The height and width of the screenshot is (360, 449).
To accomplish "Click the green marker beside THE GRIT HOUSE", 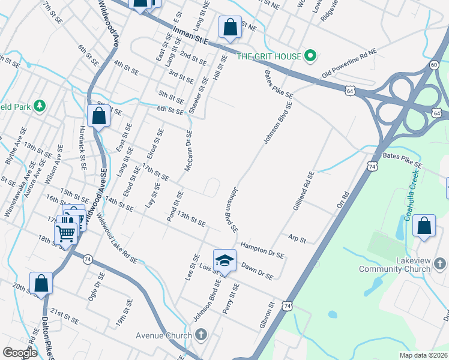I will [310, 57].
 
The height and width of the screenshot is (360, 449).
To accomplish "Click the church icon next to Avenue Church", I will [201, 335].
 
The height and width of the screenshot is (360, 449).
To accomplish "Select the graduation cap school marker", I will [225, 261].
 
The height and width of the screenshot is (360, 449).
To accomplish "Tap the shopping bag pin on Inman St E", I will [230, 27].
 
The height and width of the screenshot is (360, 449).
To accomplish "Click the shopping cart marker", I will [66, 230].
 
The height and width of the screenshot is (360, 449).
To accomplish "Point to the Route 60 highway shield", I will [434, 64].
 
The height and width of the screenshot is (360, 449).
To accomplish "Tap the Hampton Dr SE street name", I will [262, 250].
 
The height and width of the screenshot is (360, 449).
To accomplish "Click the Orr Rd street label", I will [343, 200].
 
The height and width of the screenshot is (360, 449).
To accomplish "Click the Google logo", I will [19, 353].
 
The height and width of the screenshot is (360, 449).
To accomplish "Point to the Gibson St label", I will [267, 316].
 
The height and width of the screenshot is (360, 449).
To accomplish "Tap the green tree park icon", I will [40, 106].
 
